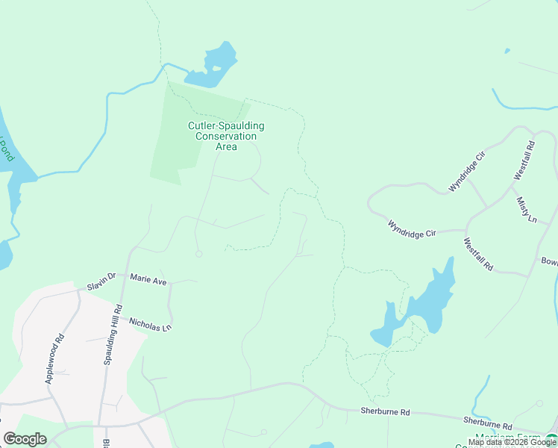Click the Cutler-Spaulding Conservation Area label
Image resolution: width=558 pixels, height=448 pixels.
[226, 136]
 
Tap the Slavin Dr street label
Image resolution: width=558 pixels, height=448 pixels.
[101, 277]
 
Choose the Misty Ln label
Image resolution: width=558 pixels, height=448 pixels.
[526, 210]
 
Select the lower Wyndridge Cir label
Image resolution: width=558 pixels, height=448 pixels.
[412, 228]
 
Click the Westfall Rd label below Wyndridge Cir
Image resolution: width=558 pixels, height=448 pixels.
[478, 254]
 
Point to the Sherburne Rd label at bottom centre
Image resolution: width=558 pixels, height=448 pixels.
[385, 411]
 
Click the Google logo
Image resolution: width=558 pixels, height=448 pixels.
[25, 439]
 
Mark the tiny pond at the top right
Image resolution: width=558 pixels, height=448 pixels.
[507, 51]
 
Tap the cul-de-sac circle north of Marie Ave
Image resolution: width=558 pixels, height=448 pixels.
[198, 254]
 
